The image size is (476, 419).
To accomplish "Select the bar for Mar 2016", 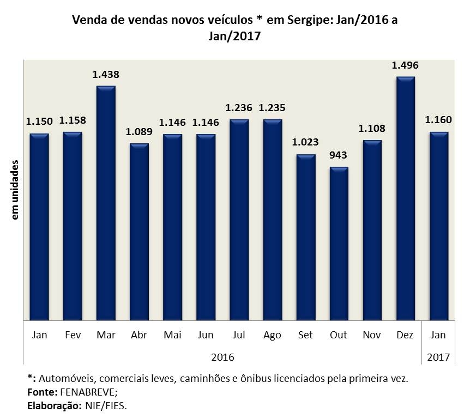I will (x=106, y=203).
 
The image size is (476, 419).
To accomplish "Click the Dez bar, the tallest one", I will (x=406, y=198).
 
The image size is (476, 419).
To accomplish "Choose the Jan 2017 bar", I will (x=439, y=226).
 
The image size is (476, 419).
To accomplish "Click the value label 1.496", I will (x=405, y=65).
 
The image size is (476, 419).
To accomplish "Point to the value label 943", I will (x=339, y=155).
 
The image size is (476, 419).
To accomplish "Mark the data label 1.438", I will (x=106, y=75).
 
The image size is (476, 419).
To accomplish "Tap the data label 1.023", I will (x=305, y=143).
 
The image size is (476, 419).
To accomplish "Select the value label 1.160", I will (x=439, y=120).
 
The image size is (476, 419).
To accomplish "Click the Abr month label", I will (x=139, y=335).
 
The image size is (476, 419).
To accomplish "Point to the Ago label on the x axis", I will (x=272, y=335).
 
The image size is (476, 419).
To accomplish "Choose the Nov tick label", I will (x=372, y=335).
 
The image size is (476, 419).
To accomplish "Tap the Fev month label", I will (x=73, y=335).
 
